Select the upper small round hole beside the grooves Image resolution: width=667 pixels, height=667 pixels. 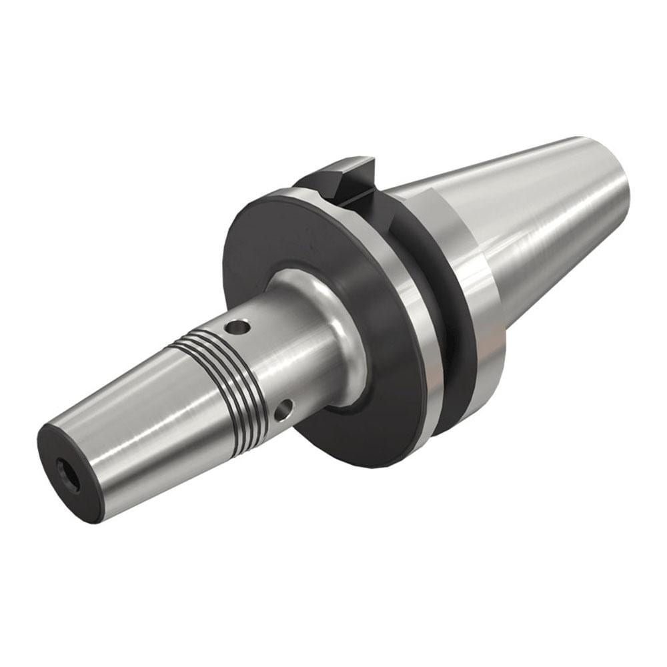[235, 327]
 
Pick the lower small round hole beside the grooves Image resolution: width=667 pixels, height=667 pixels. [283, 411]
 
